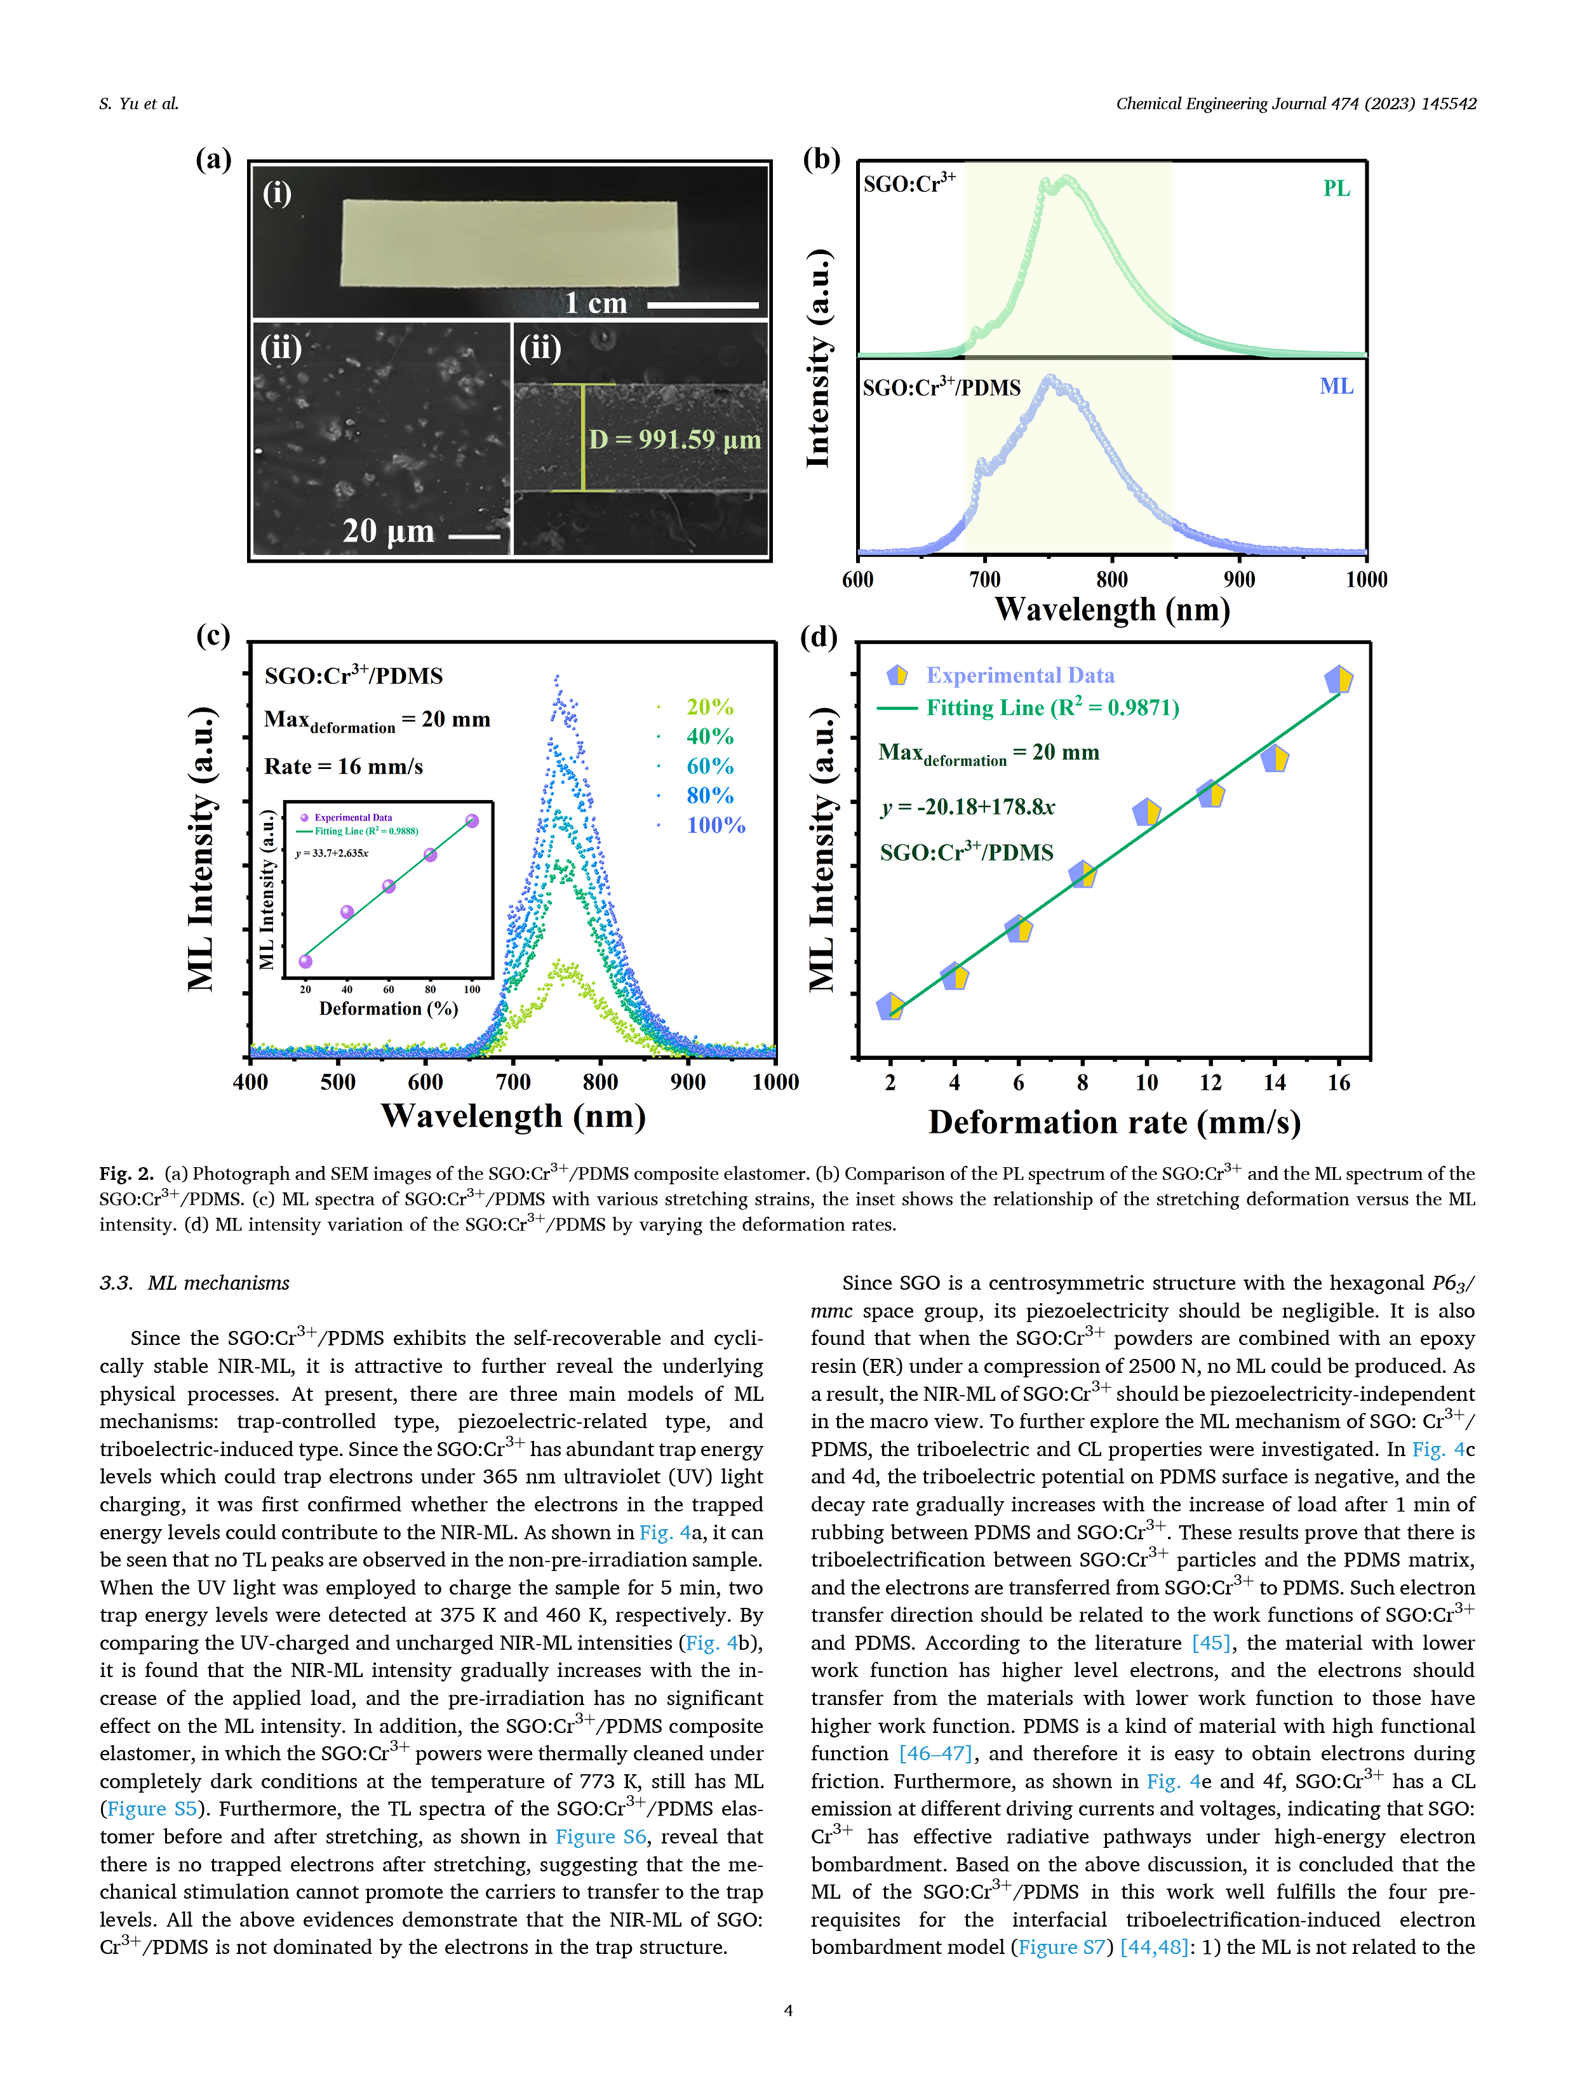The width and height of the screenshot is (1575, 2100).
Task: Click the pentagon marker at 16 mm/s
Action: (1337, 679)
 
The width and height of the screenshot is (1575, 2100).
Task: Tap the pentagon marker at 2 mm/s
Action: (890, 1007)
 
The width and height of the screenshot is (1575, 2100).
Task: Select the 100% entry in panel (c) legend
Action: (716, 825)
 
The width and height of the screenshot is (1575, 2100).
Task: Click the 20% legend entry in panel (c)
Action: (709, 707)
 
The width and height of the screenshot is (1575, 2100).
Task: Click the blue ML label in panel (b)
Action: (1336, 386)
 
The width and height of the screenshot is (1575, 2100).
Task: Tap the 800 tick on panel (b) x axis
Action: (1112, 580)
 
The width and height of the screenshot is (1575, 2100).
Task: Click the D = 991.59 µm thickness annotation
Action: (674, 439)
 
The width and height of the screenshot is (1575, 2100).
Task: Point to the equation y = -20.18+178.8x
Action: (967, 807)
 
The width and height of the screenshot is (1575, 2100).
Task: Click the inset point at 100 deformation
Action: (472, 820)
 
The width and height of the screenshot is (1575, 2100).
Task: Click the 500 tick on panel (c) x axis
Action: (337, 1082)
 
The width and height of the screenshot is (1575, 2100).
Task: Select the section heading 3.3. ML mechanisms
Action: (194, 1283)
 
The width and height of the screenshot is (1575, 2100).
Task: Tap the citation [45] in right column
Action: (1210, 1642)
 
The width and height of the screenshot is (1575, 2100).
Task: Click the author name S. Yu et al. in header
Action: (138, 104)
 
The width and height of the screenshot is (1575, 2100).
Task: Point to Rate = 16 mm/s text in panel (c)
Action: (343, 766)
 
